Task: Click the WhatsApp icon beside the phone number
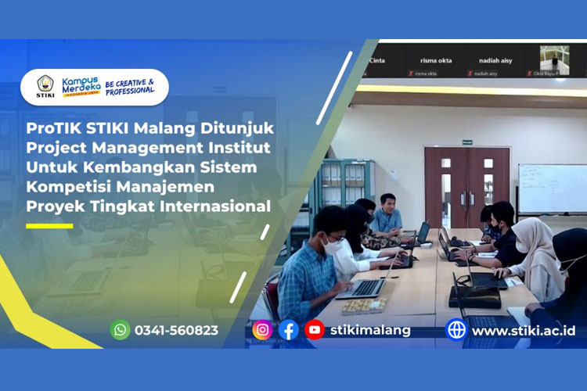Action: pos(120,330)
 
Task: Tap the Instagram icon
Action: pos(263,330)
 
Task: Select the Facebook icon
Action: pos(289,330)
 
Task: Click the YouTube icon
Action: pos(315,330)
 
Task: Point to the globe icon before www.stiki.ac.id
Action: pos(456,330)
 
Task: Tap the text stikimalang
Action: pos(369,330)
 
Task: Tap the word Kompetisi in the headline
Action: pos(66,187)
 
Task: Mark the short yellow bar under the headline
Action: pos(49,226)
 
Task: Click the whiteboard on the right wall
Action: pos(552,188)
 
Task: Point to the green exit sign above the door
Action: pos(467,142)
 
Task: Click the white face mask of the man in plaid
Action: pos(332,247)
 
